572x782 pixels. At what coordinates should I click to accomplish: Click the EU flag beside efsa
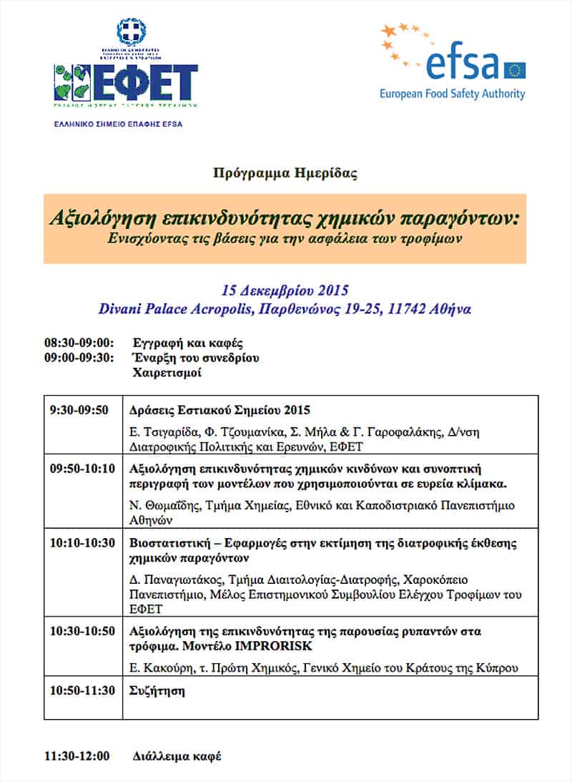pos(514,70)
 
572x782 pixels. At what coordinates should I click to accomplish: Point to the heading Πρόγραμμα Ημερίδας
pos(285,172)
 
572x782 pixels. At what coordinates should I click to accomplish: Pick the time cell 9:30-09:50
pos(79,410)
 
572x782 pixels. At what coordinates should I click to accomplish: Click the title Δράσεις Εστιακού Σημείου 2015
pos(220,410)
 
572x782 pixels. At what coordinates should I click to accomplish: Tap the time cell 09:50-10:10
pos(82,470)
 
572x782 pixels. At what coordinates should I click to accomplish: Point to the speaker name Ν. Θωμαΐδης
pos(161,506)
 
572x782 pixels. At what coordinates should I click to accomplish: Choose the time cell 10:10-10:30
pos(82,543)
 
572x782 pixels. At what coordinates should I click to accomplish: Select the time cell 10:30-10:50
pos(82,632)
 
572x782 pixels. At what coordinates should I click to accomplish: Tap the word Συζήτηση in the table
pos(157,690)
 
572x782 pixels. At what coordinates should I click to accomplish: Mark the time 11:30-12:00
pos(77,756)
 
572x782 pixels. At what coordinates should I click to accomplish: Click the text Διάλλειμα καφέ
pos(177,756)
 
